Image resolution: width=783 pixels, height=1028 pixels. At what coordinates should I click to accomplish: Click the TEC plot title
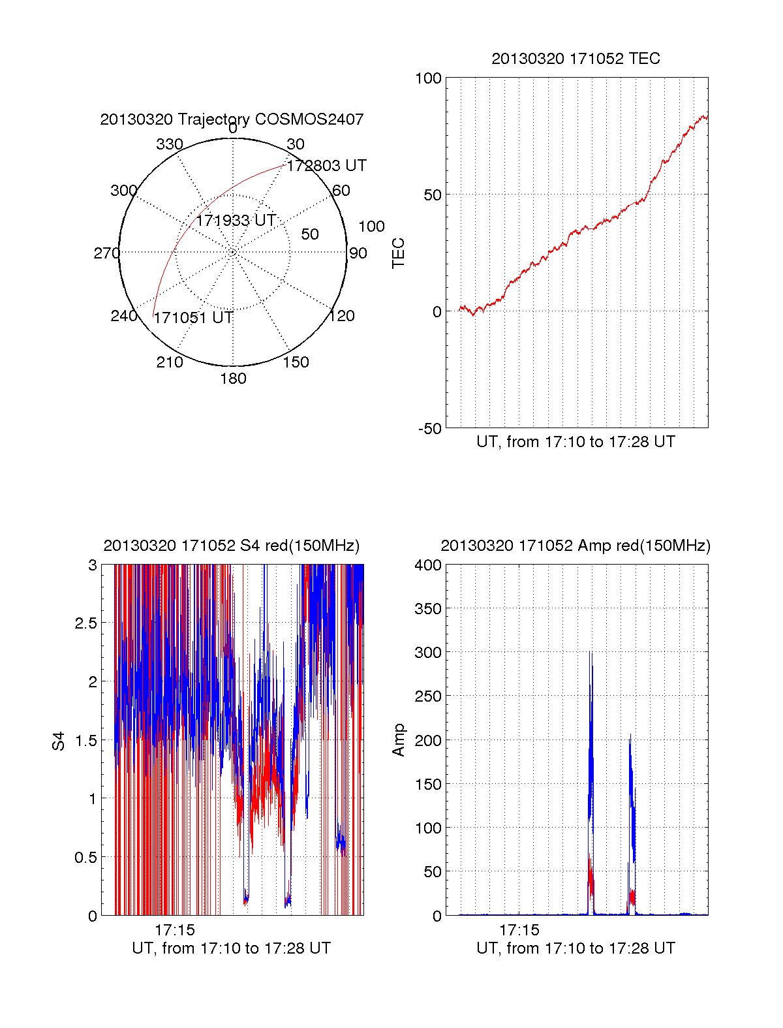click(576, 59)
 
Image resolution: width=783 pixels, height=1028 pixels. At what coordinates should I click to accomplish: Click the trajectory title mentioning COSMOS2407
click(232, 119)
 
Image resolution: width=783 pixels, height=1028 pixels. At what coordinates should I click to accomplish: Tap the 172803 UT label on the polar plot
click(326, 166)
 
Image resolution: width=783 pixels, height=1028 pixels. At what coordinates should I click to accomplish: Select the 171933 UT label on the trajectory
click(236, 221)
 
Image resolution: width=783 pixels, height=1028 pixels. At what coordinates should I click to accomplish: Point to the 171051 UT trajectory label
click(193, 318)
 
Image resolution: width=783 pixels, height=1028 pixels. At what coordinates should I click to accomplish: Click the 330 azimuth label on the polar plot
click(170, 144)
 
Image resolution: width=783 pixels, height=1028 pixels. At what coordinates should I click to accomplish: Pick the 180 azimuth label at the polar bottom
click(233, 379)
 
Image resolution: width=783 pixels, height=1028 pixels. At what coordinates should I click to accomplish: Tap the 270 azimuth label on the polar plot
click(107, 253)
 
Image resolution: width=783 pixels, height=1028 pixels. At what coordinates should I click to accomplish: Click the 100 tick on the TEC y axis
click(429, 78)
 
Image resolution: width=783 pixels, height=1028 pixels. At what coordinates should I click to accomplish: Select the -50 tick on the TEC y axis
click(430, 429)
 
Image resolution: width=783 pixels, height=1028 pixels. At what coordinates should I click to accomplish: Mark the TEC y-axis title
click(398, 253)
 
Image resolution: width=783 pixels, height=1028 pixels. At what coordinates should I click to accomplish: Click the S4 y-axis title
click(59, 741)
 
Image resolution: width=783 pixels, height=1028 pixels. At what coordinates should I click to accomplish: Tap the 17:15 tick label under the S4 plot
click(175, 930)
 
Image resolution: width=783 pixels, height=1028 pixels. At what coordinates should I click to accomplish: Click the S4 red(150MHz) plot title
click(232, 546)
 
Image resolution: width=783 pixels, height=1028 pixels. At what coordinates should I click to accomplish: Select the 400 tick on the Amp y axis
click(428, 565)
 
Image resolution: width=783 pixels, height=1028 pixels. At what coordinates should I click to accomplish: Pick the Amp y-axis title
click(398, 740)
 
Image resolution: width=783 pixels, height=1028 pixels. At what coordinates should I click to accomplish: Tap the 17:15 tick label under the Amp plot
click(519, 930)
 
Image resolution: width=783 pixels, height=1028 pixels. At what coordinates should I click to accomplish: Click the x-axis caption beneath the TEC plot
click(576, 442)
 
